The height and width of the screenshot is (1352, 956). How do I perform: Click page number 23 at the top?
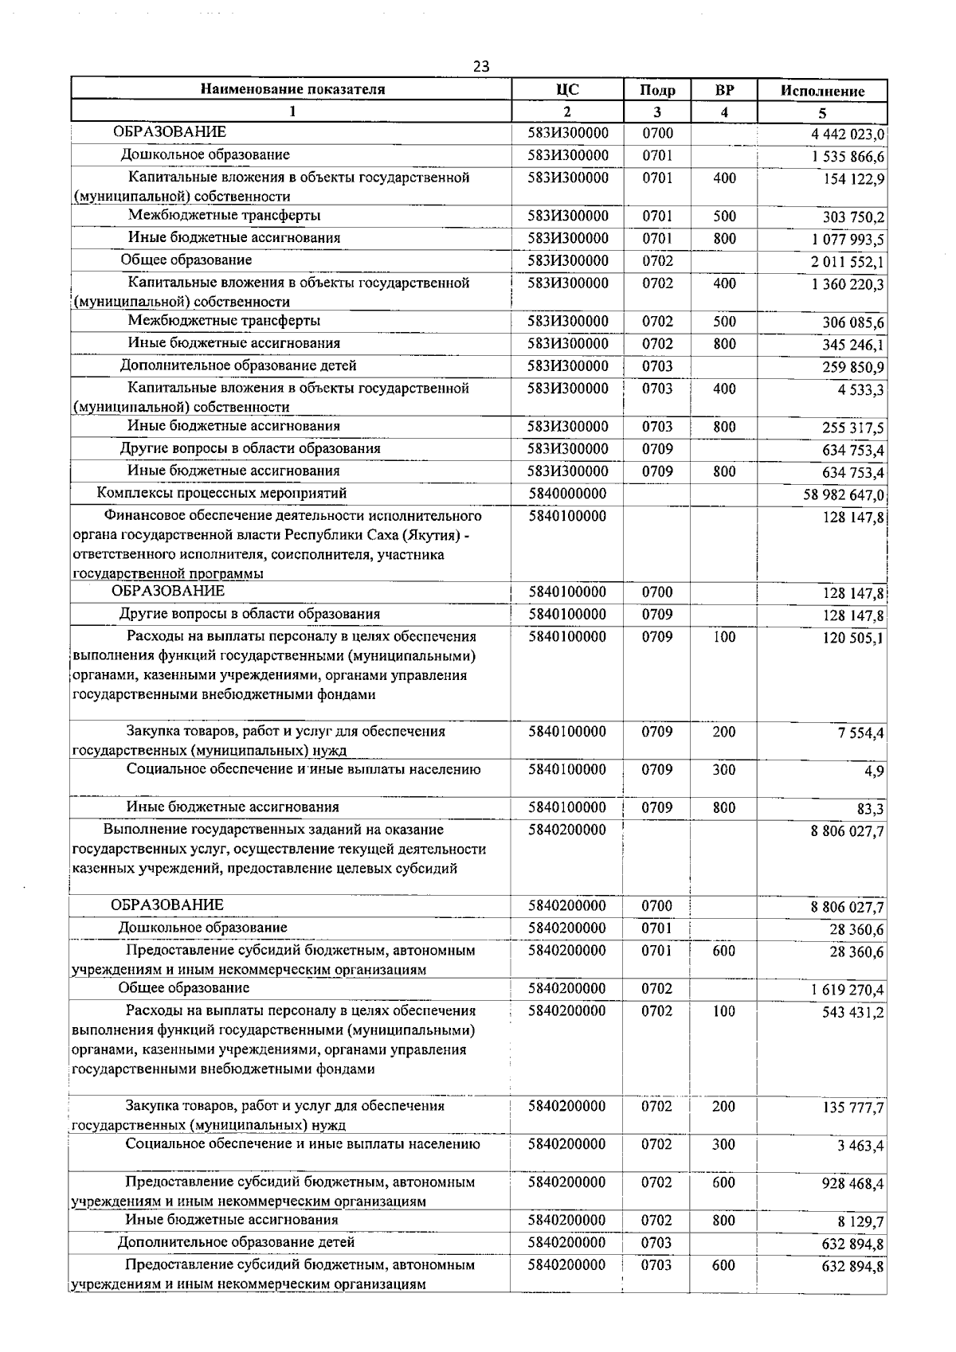point(480,66)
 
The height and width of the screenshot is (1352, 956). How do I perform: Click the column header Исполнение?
point(822,91)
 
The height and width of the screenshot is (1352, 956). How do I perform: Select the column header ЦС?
point(567,89)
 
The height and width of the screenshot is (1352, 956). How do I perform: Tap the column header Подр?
point(657,91)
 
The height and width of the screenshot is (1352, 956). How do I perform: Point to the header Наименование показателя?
point(292,89)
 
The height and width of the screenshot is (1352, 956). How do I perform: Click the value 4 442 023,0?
point(848,135)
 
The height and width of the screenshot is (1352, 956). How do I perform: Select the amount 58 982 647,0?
point(844,495)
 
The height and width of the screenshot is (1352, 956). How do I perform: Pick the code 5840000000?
point(567,494)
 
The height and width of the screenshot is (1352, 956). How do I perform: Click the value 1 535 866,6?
point(848,157)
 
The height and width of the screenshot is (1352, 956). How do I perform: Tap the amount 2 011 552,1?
point(848,262)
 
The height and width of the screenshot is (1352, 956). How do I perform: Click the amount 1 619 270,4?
point(848,990)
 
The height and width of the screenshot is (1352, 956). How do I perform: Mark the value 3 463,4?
point(860,1146)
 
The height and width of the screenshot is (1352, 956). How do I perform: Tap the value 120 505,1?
point(853,638)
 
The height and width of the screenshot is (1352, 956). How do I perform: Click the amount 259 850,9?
point(853,367)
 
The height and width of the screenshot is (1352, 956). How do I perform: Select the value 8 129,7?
point(860,1221)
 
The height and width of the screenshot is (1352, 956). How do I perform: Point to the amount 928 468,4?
point(852,1184)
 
